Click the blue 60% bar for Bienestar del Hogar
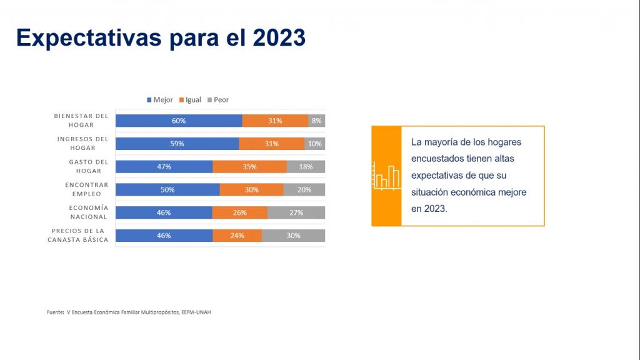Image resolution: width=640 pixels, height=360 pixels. [179, 121]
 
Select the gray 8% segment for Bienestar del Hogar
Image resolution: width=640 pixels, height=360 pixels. [317, 121]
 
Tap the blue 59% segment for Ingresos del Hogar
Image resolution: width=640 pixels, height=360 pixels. [177, 144]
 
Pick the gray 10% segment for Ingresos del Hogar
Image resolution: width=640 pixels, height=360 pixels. [315, 144]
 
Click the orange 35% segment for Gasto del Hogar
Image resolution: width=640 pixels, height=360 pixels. [250, 167]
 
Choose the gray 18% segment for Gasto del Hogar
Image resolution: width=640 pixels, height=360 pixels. [306, 167]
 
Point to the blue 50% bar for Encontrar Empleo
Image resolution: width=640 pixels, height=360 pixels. [167, 190]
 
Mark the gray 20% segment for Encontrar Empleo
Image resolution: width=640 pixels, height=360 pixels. [304, 190]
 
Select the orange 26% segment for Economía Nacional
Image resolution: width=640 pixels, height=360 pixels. [240, 212]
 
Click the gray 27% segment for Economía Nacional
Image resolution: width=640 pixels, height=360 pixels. [296, 212]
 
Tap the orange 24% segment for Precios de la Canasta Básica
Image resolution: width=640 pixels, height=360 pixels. [237, 236]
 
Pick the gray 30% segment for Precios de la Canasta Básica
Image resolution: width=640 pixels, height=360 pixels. [294, 236]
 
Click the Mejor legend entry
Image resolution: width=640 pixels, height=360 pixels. [160, 100]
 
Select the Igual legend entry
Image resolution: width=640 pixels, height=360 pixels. [190, 100]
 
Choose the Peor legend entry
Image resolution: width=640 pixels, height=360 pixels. [218, 100]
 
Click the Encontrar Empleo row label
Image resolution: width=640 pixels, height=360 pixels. [86, 189]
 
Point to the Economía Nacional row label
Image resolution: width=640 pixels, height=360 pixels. [88, 212]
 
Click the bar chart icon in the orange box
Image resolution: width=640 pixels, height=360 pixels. [386, 176]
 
